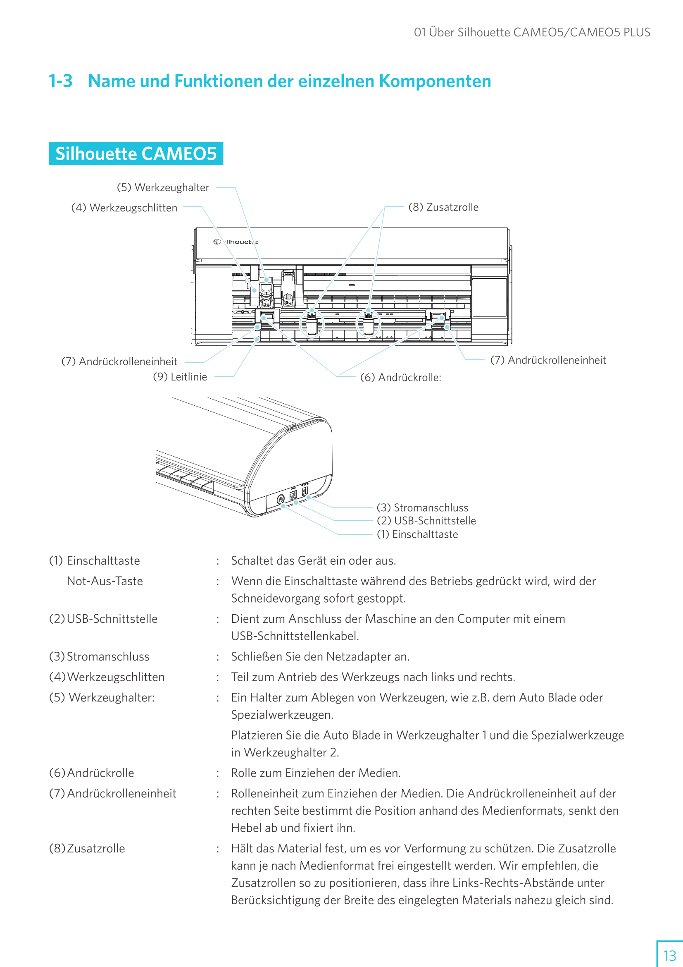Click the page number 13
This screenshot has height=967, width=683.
(669, 955)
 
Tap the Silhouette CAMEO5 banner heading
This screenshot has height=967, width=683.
(136, 154)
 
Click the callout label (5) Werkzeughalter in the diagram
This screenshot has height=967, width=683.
(163, 187)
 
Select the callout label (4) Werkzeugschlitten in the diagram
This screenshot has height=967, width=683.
(124, 208)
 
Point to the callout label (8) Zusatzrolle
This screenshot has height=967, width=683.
(443, 207)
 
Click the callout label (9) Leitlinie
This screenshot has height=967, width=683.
(180, 376)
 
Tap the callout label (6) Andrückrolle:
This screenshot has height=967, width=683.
(400, 377)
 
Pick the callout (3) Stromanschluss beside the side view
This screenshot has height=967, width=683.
(422, 507)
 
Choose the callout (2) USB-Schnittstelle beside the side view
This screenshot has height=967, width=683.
(426, 521)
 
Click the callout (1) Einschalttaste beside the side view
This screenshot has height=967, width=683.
(417, 534)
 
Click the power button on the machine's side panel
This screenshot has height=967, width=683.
(281, 500)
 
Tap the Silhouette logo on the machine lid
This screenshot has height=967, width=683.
(235, 242)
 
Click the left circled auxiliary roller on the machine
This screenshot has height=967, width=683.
(312, 323)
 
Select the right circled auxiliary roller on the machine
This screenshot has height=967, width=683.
(368, 323)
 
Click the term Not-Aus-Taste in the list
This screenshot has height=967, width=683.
(105, 581)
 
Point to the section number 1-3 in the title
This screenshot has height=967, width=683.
(61, 81)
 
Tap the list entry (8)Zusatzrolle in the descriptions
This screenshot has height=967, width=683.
(87, 848)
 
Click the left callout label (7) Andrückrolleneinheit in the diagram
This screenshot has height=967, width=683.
(119, 361)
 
